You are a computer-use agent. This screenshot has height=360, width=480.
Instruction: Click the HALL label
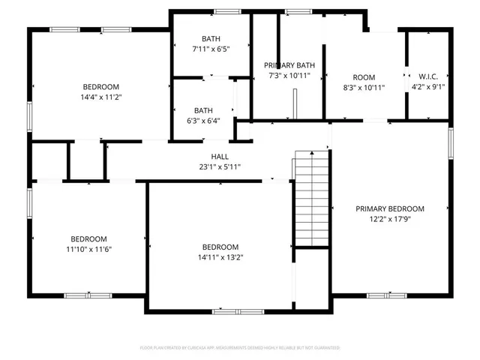[220, 156]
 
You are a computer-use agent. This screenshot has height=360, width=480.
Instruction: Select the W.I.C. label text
[428, 76]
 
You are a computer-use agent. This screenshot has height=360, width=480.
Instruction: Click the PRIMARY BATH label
[289, 65]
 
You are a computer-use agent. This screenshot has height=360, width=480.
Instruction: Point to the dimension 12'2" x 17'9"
[390, 220]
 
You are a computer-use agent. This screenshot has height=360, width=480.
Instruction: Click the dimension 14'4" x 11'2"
[100, 97]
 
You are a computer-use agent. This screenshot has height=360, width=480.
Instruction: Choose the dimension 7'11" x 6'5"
[211, 49]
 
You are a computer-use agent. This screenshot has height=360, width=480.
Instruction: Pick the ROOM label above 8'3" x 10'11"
[364, 76]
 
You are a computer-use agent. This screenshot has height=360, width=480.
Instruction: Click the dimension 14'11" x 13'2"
[220, 257]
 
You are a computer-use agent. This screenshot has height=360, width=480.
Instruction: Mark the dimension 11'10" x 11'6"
[94, 249]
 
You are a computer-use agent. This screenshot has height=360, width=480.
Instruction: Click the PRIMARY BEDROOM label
[390, 209]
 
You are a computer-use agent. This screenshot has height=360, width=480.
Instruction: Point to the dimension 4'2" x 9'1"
[428, 87]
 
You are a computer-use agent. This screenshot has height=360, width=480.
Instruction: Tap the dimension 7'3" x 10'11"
[289, 76]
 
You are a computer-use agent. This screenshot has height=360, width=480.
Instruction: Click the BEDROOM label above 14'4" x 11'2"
[100, 87]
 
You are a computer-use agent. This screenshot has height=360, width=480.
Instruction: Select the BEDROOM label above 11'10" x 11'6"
[94, 238]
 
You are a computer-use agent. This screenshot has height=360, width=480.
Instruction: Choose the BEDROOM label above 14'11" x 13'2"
[220, 247]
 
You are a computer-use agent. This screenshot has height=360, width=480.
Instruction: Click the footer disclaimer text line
[240, 348]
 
